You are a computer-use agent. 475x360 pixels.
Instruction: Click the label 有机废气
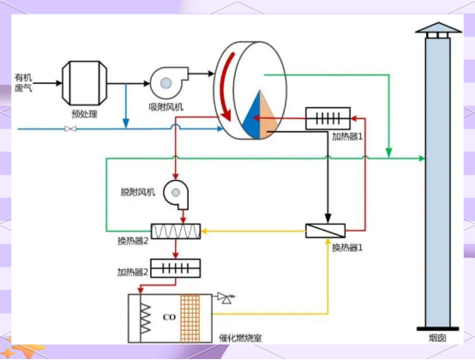(23, 83)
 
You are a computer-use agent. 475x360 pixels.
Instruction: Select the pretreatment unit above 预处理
(85, 83)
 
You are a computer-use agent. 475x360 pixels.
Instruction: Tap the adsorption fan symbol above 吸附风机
(169, 81)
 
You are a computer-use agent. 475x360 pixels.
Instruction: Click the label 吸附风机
(166, 107)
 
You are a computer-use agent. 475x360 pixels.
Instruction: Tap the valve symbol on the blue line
(70, 129)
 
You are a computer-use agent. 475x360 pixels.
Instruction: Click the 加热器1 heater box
(328, 118)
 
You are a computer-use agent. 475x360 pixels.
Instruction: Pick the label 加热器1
(347, 136)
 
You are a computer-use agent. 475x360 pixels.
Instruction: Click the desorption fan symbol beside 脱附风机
(177, 194)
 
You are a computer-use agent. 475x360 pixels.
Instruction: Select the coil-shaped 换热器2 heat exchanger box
(176, 231)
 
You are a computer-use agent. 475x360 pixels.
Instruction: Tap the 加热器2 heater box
(176, 268)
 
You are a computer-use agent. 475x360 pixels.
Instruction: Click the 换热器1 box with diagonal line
(325, 231)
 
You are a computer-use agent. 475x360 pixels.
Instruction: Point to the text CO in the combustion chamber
(169, 317)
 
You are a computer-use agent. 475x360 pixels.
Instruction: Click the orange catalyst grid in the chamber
(190, 318)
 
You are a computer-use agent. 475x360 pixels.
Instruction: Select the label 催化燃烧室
(240, 338)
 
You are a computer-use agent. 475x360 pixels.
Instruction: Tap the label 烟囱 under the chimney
(437, 338)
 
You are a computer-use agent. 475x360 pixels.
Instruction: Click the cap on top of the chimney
(438, 27)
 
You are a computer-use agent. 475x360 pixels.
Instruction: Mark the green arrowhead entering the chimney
(421, 158)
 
